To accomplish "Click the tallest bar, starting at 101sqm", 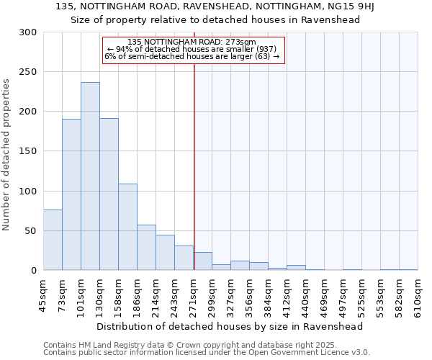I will click(x=90, y=176).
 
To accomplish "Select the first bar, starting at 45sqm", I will click(x=53, y=240).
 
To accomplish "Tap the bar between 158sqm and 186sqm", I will click(x=127, y=227).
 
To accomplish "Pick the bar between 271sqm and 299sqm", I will click(x=203, y=261).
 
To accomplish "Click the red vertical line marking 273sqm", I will click(x=194, y=144).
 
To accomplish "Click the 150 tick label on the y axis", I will click(x=28, y=151).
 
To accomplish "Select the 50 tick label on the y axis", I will click(x=31, y=231).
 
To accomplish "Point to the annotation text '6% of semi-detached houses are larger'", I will click(x=192, y=56).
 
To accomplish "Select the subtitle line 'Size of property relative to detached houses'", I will click(x=215, y=20).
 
